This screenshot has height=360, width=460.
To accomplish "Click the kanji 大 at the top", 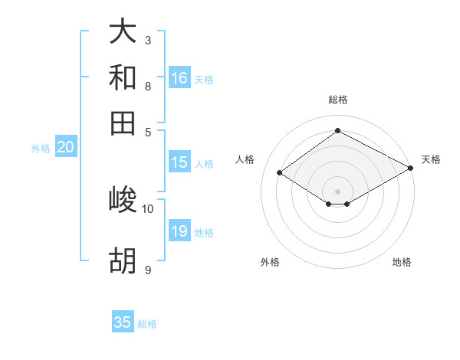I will [123, 32].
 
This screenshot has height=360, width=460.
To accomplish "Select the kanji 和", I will [123, 77].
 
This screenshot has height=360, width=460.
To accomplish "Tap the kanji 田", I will [123, 123].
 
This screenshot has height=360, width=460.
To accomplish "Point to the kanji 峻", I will [123, 200].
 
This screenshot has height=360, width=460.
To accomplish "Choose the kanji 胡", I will [123, 262].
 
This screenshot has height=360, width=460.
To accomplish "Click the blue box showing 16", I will [179, 78].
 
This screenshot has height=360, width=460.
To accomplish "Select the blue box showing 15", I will [179, 162].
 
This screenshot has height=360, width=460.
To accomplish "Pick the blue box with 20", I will [65, 148].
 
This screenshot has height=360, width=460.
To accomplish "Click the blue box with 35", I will [123, 322].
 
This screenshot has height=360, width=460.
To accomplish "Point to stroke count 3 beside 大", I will [148, 40].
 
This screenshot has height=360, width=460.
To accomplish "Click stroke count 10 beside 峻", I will [148, 208].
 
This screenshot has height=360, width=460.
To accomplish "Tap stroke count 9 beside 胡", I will [148, 270].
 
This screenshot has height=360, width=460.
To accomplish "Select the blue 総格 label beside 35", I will [147, 324].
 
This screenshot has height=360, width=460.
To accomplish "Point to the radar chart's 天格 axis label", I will [431, 159].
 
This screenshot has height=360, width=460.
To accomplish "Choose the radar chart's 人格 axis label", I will [245, 159].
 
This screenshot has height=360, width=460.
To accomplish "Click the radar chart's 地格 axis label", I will [402, 262].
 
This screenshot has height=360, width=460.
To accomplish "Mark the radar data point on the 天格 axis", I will [411, 168].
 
